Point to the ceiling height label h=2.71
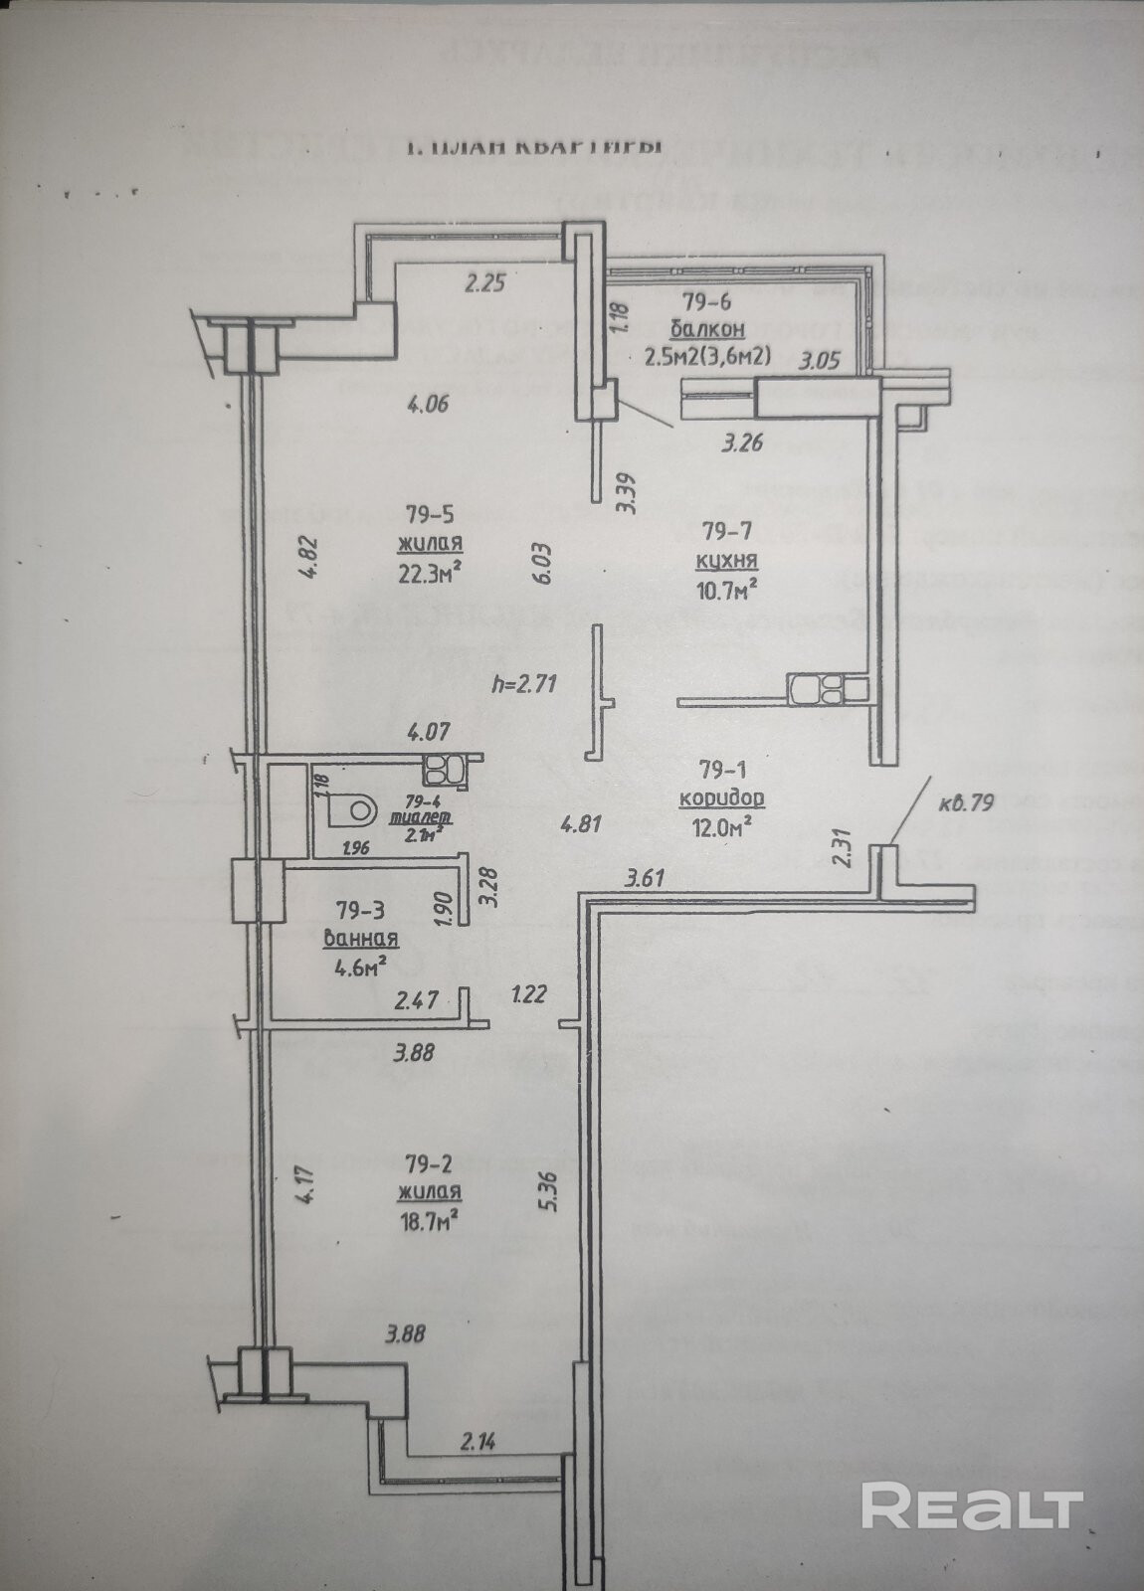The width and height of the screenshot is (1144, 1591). coord(524,683)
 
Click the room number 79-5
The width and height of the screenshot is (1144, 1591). coord(431,514)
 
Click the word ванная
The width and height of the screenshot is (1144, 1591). coord(362,938)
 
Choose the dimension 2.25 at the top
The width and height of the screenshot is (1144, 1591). coord(485,282)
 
